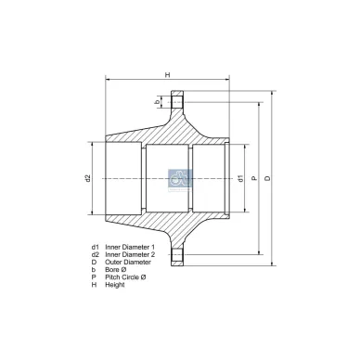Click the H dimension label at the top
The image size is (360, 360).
(167, 75)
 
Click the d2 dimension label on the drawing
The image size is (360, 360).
(88, 178)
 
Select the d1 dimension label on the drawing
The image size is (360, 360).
(239, 177)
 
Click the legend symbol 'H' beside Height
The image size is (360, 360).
(94, 284)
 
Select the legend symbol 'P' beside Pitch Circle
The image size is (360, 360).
(94, 276)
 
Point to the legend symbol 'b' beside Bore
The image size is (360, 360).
(94, 269)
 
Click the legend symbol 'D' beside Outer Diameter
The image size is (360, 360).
(94, 262)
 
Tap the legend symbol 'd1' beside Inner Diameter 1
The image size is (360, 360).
(95, 247)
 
